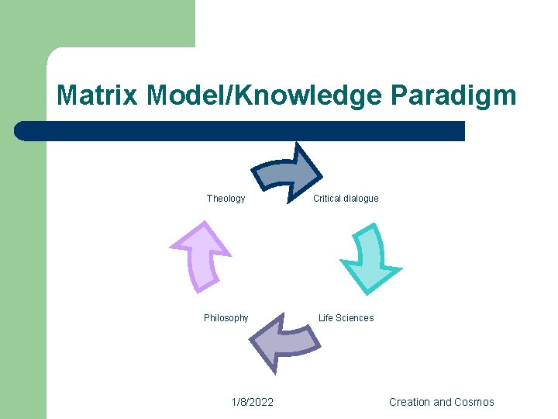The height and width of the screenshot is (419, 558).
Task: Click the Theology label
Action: tap(226, 199)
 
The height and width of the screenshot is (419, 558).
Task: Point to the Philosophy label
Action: tap(226, 318)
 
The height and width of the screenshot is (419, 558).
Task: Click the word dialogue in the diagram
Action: tap(363, 199)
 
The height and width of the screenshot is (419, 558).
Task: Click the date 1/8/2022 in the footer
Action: tap(252, 402)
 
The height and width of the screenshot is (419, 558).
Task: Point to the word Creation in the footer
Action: tap(409, 402)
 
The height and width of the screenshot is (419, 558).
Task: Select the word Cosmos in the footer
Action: tap(475, 402)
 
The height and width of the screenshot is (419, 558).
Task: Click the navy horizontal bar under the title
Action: tap(240, 131)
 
